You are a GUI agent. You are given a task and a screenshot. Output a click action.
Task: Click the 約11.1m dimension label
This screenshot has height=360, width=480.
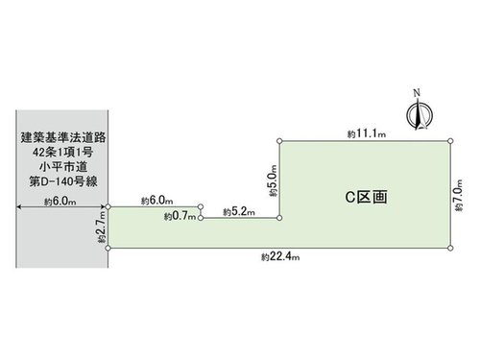pos(367,133)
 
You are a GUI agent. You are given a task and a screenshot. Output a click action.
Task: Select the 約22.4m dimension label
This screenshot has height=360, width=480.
pos(280,256)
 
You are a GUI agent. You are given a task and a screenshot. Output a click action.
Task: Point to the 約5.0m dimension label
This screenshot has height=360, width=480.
pos(273,180)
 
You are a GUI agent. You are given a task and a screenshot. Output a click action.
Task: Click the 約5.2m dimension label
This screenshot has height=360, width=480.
pos(239,211)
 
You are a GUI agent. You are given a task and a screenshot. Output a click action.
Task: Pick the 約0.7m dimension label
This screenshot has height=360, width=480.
pos(180,216)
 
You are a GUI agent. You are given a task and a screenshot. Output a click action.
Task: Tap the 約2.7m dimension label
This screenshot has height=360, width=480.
pos(102,228)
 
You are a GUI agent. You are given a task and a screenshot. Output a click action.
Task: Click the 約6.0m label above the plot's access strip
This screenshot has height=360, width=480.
pos(157,201)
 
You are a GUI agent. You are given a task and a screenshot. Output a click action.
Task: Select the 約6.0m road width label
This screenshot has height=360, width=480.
pos(60,202)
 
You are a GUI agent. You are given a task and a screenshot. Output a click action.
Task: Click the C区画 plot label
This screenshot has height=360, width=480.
pos(366,197)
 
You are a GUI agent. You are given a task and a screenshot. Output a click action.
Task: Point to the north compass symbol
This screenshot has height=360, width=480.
pos(420,114)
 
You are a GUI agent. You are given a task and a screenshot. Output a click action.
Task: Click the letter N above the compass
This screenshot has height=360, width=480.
pos(417,93)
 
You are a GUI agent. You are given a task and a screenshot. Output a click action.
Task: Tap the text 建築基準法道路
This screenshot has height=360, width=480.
pos(63,137)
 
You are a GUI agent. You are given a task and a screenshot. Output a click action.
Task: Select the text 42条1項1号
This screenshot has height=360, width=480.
pos(63,152)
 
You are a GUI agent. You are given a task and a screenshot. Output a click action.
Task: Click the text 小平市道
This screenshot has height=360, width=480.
pos(63,167)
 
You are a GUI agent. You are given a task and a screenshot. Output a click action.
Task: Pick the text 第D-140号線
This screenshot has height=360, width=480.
pos(63,181)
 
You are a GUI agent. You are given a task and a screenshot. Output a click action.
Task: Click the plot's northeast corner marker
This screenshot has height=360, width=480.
pos(450,141)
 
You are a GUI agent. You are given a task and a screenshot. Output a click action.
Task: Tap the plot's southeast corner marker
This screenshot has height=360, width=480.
pos(450,248)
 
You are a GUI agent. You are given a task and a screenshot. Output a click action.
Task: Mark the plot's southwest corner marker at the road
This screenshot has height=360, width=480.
pos(108,248)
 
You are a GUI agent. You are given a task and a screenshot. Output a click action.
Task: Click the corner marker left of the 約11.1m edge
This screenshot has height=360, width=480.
pos(279,141)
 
